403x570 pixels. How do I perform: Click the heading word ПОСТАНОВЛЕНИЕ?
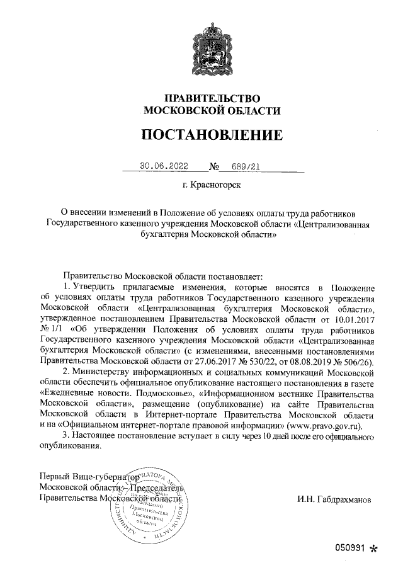[x=211, y=135]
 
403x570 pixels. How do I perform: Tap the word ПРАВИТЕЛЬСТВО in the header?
[x=212, y=98]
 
